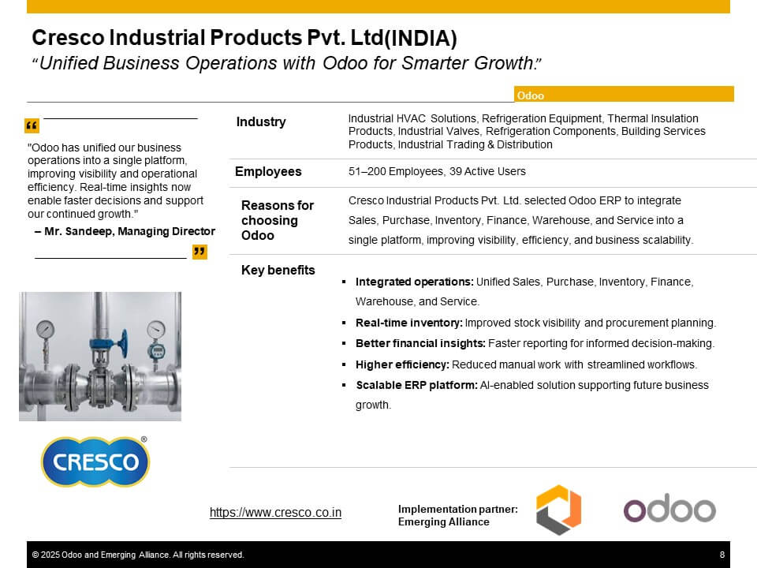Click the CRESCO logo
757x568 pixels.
95,461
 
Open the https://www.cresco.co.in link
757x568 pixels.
275,512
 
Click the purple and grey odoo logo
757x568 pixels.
669,508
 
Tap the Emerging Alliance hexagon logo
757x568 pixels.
558,510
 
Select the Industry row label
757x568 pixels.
261,121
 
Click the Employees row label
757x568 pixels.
268,171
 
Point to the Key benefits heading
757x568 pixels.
278,270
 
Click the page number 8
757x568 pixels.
722,555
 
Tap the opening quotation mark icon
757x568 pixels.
32,125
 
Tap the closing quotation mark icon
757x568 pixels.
200,252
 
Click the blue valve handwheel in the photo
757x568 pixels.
124,343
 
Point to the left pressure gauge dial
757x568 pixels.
46,330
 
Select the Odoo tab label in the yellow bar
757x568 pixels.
530,95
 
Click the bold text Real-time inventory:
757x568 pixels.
409,323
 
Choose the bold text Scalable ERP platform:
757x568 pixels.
416,385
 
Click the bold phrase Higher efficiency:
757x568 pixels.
402,364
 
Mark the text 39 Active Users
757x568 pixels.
487,171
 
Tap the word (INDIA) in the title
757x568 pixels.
420,38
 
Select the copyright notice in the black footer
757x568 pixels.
137,555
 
